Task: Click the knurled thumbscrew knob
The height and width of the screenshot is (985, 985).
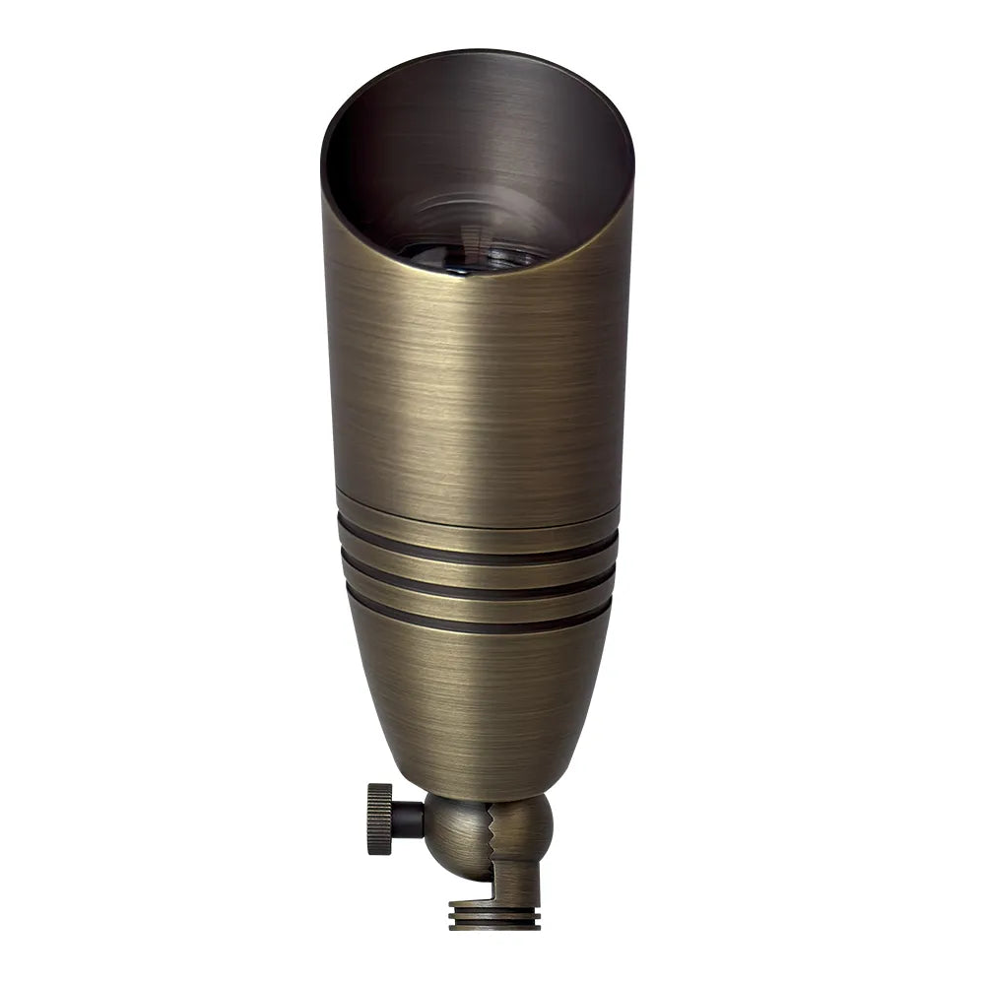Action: [379, 818]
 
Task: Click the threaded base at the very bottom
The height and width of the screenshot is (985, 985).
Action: [493, 915]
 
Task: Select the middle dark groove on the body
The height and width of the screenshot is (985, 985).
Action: [479, 590]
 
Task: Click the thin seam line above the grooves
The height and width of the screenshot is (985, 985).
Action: [479, 525]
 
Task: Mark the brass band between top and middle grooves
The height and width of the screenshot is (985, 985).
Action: [479, 574]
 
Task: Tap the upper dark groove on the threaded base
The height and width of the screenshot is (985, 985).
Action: [493, 911]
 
